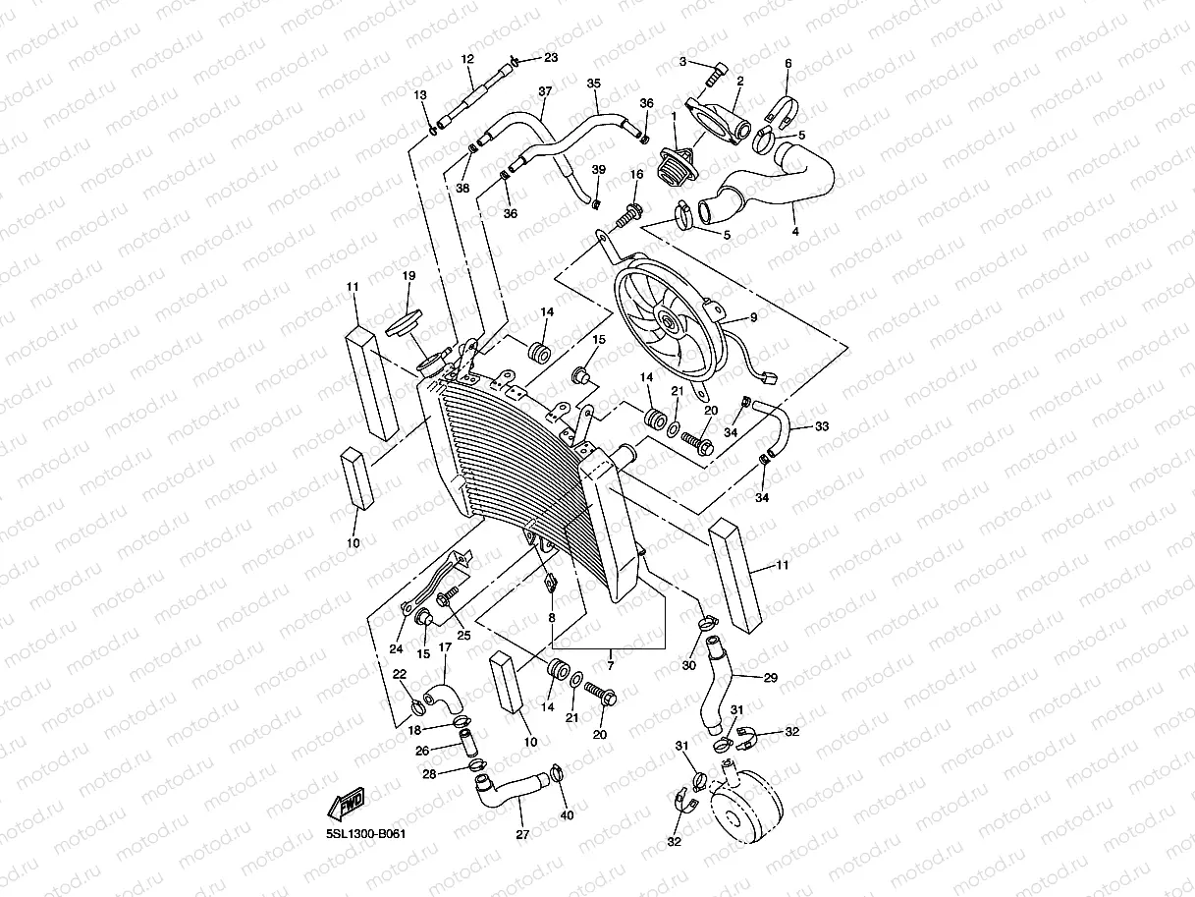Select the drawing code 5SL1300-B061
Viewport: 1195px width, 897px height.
[x=366, y=834]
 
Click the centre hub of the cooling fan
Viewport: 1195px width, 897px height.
[x=667, y=321]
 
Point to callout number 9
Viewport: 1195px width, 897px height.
[x=753, y=317]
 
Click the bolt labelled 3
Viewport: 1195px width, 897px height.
[x=716, y=70]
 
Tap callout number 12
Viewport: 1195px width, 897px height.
[x=466, y=59]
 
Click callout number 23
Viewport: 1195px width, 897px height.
[x=551, y=58]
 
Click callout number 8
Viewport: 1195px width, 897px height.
[x=551, y=618]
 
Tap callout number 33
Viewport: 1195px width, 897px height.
[x=822, y=426]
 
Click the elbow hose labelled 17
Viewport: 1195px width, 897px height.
[x=441, y=696]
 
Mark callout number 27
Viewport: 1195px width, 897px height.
[x=522, y=835]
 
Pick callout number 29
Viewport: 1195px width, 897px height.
[x=770, y=679]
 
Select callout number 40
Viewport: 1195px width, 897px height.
[x=566, y=814]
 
